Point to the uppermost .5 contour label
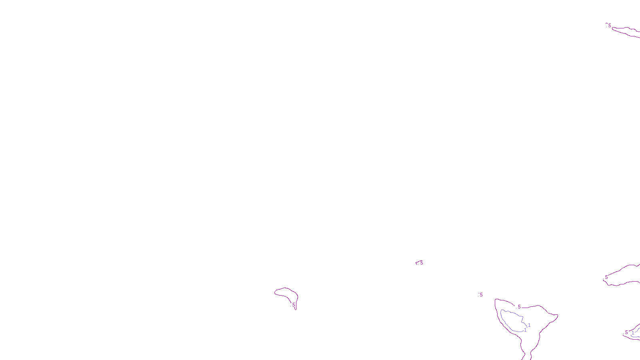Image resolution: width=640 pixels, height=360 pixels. coord(609,25)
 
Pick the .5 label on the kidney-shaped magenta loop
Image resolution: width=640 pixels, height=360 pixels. coord(293,305)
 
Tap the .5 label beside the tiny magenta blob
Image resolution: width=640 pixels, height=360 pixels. coord(421,263)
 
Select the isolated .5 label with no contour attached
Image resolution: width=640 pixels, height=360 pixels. coord(481,295)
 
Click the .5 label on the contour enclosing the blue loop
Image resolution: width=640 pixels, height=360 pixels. coord(519,307)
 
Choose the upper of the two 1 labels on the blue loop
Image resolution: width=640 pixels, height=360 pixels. coord(529,325)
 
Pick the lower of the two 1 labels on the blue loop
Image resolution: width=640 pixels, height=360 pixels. coord(525,330)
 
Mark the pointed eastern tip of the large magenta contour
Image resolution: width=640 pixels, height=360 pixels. coord(557,316)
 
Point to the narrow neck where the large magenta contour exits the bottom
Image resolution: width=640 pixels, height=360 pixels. coord(527,354)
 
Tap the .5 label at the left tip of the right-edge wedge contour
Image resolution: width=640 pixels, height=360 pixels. coord(606,277)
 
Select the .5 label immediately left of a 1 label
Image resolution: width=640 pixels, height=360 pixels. coord(626,332)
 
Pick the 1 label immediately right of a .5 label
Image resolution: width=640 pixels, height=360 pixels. coord(633,332)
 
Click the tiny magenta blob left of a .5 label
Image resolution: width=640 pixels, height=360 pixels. coord(417,263)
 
